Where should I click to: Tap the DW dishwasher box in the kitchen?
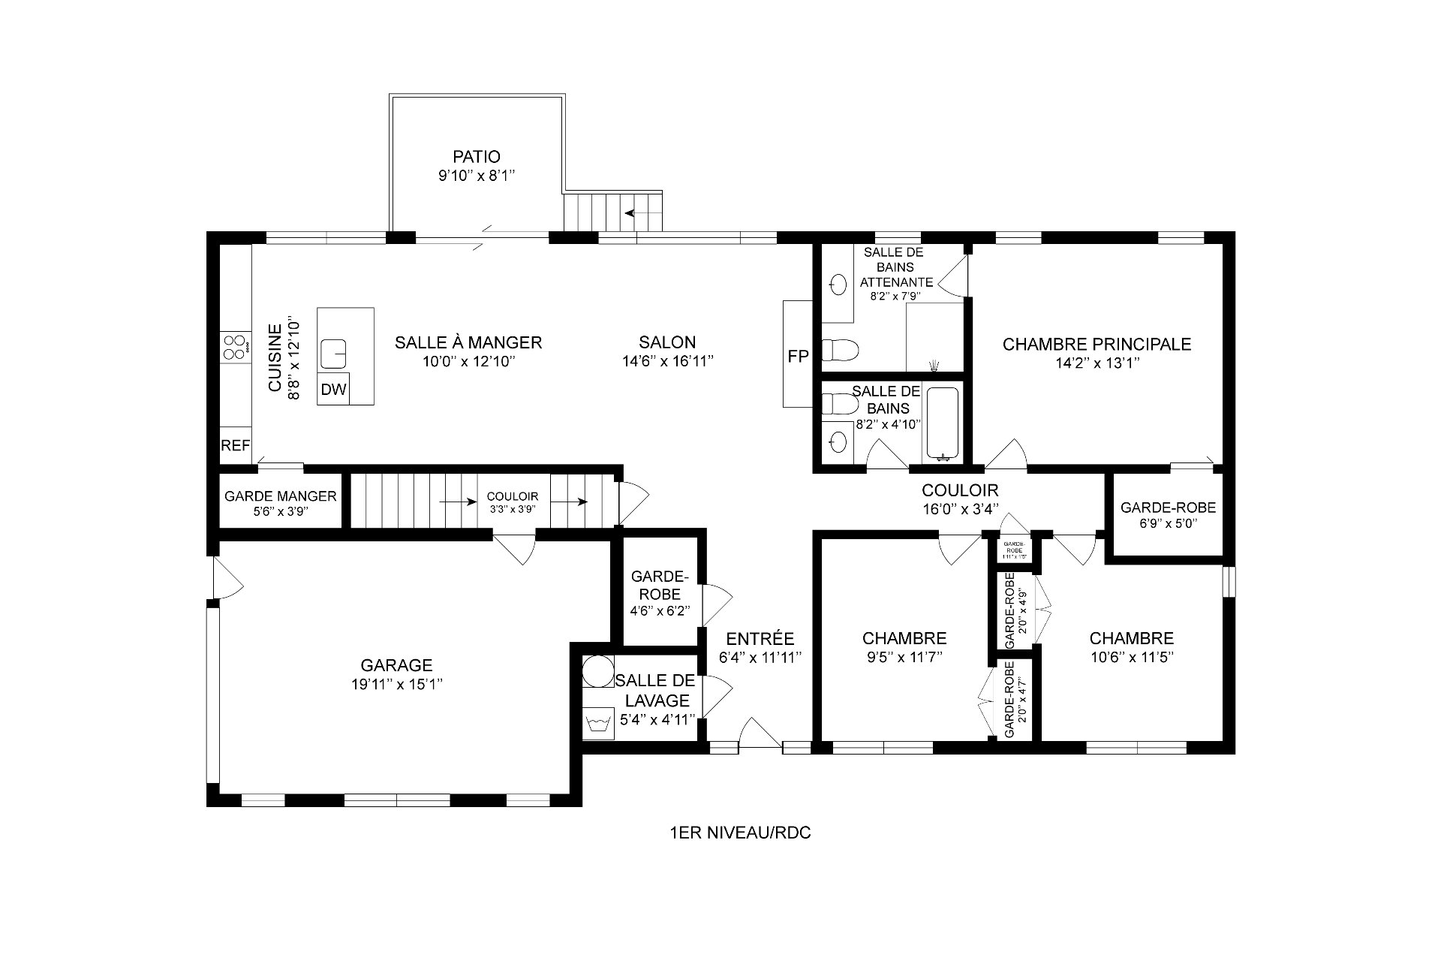[x=334, y=390]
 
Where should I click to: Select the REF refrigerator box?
[x=235, y=445]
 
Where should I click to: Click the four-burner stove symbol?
[x=235, y=347]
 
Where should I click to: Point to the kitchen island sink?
[x=334, y=351]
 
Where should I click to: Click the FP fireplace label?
[x=798, y=357]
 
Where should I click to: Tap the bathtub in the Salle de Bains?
[x=942, y=423]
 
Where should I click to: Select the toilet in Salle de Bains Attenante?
[x=840, y=350]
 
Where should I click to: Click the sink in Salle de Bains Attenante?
[x=838, y=284]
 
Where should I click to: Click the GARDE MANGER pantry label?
[x=281, y=496]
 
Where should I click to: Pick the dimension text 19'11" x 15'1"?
[x=396, y=684]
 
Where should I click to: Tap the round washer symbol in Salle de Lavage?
[x=598, y=670]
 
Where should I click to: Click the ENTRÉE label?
[x=760, y=639]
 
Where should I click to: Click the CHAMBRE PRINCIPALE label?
[x=1097, y=345]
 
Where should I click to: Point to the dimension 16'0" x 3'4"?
[x=960, y=509]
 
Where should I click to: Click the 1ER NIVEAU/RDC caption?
[x=740, y=833]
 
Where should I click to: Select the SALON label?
[x=667, y=342]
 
